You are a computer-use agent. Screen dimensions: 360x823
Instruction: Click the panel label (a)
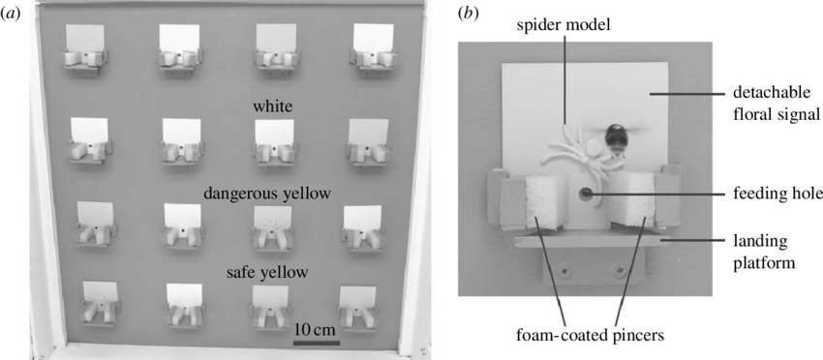pos(12,15)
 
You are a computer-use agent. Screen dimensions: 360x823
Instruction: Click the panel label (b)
pos(469,15)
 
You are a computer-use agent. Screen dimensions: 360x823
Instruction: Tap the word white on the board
pos(272,105)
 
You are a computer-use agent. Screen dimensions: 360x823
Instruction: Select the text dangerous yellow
pos(267,194)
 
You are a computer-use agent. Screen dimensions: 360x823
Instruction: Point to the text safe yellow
pos(267,273)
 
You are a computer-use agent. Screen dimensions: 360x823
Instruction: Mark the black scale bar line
pos(316,341)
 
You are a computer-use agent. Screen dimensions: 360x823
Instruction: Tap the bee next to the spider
pos(616,136)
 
